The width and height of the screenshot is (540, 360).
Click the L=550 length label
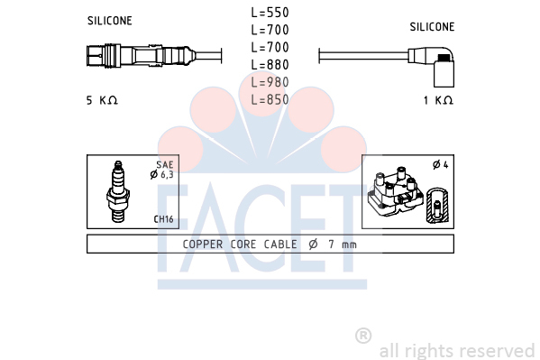tap(270, 13)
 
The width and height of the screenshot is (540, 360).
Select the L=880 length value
tap(270, 64)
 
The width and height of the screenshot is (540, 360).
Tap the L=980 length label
tap(270, 82)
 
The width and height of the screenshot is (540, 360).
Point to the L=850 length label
tap(270, 99)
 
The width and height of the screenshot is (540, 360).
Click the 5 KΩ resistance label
tap(102, 100)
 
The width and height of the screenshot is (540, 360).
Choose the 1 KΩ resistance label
tap(438, 100)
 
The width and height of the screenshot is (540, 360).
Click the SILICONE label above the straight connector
tap(109, 21)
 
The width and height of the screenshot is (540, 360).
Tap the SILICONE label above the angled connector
tap(432, 27)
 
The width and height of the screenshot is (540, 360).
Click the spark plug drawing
tap(118, 191)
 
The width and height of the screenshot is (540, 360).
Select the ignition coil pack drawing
tap(395, 191)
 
